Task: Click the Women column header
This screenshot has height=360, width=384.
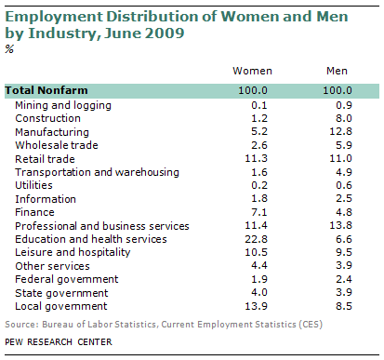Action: click(x=252, y=71)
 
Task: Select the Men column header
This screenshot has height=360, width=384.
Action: click(x=337, y=71)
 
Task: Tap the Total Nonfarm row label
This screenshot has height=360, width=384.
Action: click(x=46, y=90)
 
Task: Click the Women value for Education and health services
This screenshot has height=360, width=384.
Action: click(x=256, y=239)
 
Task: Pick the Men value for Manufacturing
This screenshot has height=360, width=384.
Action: click(x=340, y=131)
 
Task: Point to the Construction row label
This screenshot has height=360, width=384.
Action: click(x=47, y=118)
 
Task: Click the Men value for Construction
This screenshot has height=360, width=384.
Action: click(x=344, y=118)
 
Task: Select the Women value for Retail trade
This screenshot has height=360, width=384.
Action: click(x=256, y=158)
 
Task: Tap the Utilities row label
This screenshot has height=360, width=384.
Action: click(x=33, y=185)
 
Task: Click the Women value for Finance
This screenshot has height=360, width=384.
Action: click(x=259, y=212)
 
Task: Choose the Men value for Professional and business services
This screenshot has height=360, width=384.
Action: click(x=340, y=225)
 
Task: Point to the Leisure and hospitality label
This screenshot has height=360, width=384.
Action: click(x=73, y=253)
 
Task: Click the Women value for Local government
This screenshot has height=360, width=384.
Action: click(x=256, y=306)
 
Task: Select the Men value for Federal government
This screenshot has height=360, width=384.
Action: click(x=344, y=279)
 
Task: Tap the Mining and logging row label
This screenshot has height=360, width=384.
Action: click(x=63, y=106)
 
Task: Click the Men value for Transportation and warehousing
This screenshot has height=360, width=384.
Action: click(x=344, y=172)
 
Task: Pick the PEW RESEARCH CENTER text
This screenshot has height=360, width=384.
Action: click(x=59, y=342)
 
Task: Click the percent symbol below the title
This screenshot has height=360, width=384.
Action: click(x=9, y=49)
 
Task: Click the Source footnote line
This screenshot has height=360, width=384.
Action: click(x=164, y=325)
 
